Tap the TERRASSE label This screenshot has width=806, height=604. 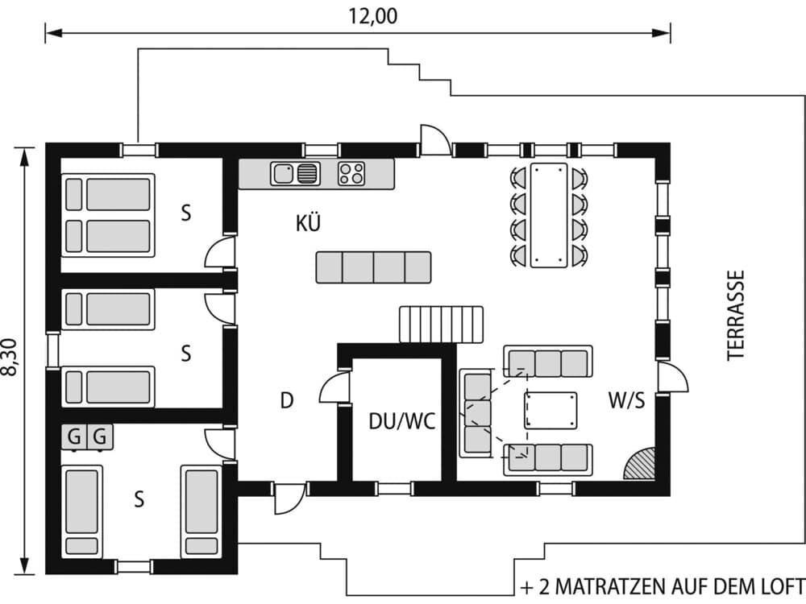click(x=735, y=314)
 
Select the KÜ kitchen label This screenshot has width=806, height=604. click(x=308, y=225)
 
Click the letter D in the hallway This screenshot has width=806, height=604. click(x=285, y=400)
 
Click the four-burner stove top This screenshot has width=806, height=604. click(x=351, y=173)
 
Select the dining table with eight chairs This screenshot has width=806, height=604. click(x=549, y=214)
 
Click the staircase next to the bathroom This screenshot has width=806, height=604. click(x=441, y=324)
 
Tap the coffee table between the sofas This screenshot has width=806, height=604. click(x=550, y=411)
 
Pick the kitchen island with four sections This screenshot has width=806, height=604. click(x=373, y=267)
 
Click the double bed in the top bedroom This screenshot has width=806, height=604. click(x=108, y=215)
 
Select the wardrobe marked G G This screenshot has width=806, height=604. click(x=87, y=437)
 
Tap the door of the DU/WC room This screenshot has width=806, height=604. click(x=334, y=388)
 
